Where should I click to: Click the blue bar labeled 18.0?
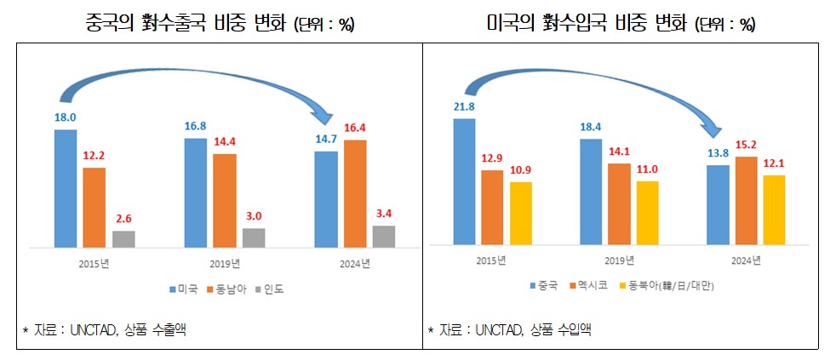[66, 188]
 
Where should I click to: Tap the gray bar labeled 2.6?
[123, 238]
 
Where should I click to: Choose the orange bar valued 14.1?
[619, 203]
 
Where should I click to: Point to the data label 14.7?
[325, 140]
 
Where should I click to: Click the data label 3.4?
[383, 214]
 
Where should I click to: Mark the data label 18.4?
[590, 126]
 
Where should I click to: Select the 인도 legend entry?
[273, 289]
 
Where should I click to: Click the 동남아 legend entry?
[227, 289]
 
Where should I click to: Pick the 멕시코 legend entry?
[587, 288]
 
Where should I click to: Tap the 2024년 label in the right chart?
[747, 260]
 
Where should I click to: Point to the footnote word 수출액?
[168, 329]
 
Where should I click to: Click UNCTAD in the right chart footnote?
[498, 329]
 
